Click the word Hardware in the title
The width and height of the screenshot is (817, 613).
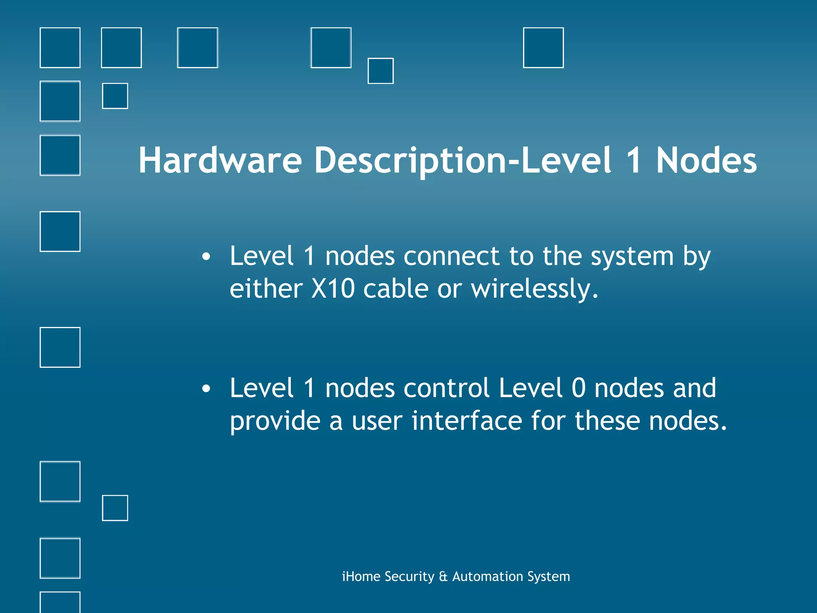pyautogui.click(x=220, y=160)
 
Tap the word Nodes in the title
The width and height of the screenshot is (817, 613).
pyautogui.click(x=706, y=160)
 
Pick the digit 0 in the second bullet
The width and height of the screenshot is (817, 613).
pyautogui.click(x=578, y=388)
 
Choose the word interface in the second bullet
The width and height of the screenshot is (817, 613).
pyautogui.click(x=467, y=421)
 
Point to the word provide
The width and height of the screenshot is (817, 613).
pyautogui.click(x=275, y=421)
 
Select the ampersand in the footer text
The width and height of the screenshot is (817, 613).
pyautogui.click(x=443, y=577)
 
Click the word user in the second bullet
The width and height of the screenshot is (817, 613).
pyautogui.click(x=377, y=421)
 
